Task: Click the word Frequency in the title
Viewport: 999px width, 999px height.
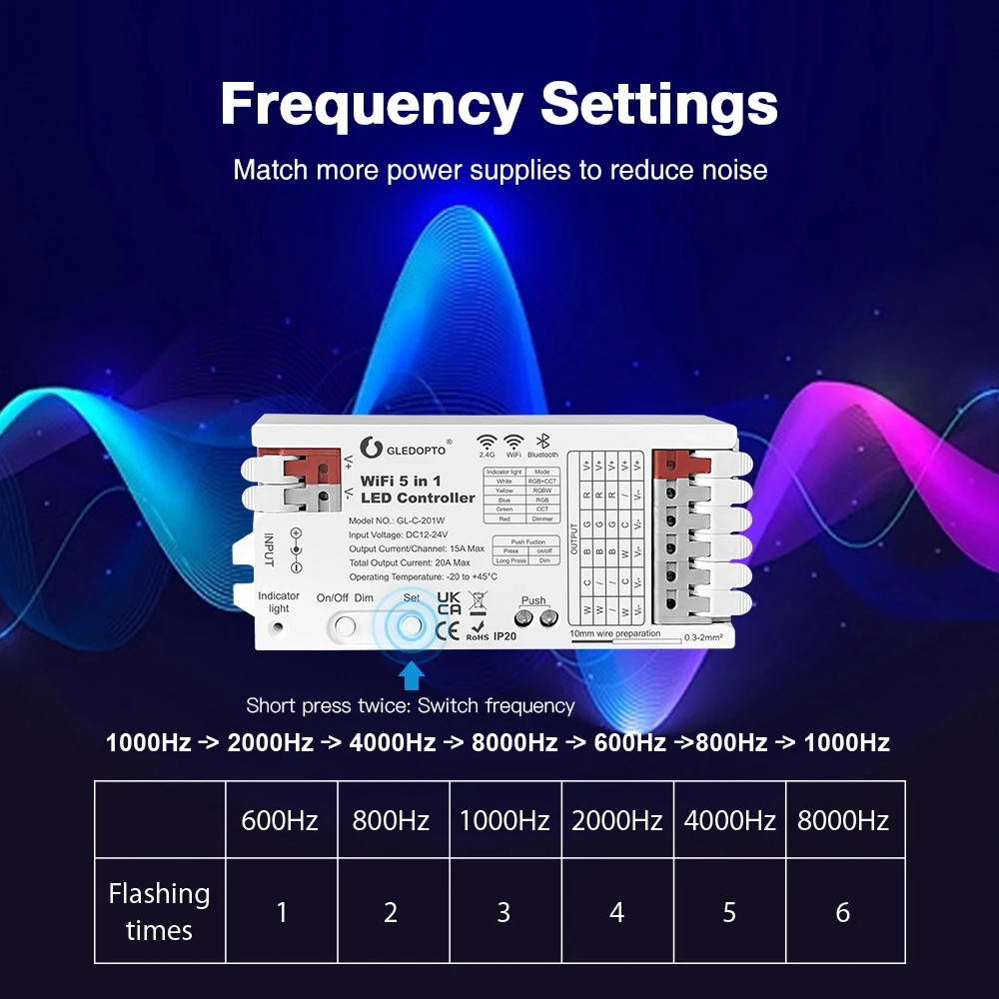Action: tap(371, 104)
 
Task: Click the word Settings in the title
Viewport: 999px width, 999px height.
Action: tap(659, 104)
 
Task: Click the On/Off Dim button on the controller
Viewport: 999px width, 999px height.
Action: tap(345, 626)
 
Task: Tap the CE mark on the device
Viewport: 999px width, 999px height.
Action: tap(449, 629)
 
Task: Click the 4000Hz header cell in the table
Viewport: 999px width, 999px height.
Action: tap(730, 821)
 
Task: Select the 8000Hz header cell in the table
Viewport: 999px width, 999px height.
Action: tap(843, 821)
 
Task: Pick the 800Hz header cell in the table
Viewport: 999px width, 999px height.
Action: tap(391, 821)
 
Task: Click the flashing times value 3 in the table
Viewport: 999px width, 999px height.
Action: tap(503, 912)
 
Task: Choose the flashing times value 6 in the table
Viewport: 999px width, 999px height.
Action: tap(843, 912)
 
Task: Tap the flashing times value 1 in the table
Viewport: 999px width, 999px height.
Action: tap(282, 912)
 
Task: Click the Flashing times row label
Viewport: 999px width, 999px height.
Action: tap(160, 911)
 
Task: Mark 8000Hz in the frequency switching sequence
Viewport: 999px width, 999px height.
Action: tap(513, 742)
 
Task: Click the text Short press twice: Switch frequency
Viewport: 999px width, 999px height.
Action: tap(411, 706)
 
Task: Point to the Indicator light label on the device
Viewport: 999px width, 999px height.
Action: tap(279, 602)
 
